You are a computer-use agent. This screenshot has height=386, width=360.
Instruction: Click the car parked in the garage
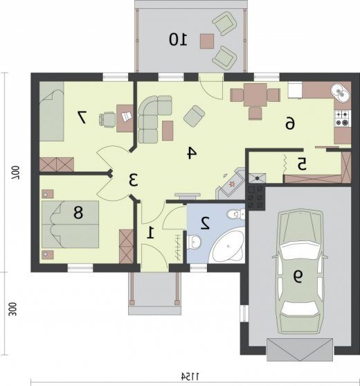300,272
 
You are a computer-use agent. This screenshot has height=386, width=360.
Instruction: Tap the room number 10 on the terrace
178,40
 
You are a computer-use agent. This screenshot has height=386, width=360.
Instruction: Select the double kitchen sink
341,93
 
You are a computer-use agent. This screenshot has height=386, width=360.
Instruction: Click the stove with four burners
343,119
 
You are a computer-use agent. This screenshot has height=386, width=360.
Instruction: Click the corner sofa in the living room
152,119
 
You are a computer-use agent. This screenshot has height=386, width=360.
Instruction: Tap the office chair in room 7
107,119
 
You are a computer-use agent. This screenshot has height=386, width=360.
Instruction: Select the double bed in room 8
71,224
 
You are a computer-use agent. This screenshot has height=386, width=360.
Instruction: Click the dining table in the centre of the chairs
255,95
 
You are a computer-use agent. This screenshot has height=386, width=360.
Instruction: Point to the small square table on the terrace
207,41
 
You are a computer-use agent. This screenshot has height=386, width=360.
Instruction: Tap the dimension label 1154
190,376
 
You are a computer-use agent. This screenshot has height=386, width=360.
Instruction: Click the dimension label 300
12,309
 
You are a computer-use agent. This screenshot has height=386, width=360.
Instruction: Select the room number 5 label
302,164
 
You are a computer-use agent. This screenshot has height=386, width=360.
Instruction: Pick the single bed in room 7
52,112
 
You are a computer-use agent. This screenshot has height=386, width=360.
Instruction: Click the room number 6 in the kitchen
290,123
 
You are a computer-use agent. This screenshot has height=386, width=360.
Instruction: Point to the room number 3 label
134,180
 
